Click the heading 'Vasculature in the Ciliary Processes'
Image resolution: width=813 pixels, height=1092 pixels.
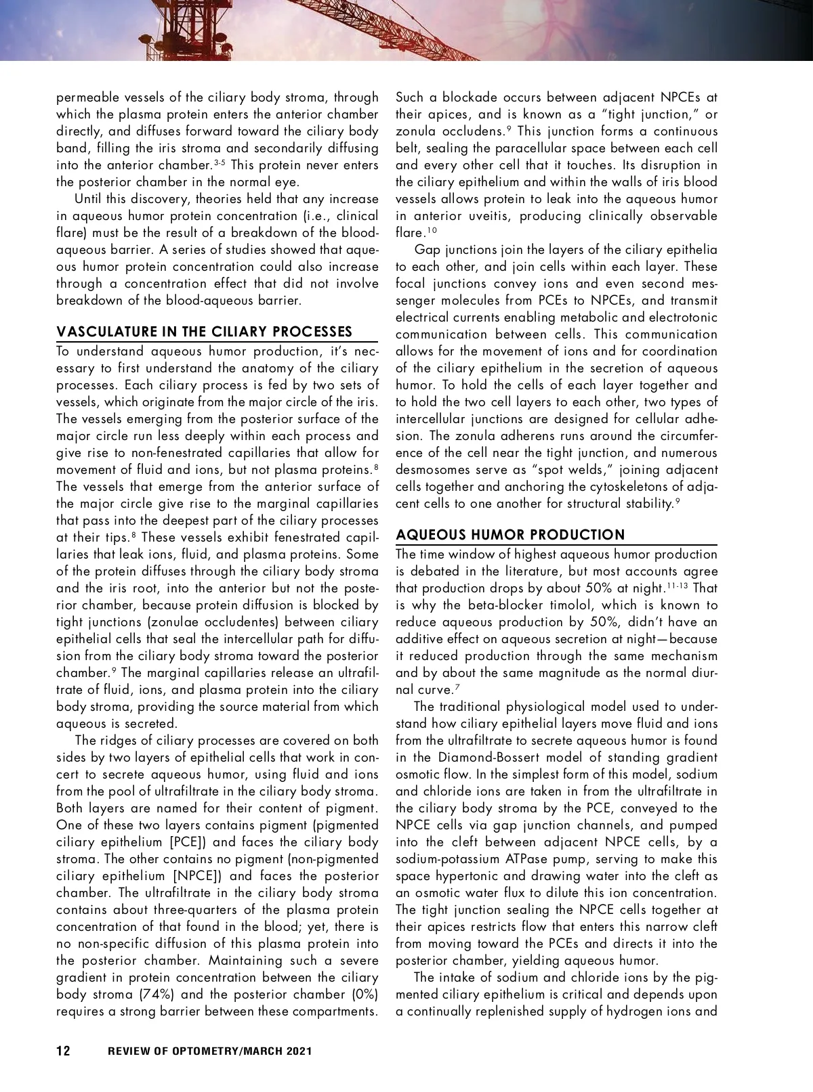coord(204,332)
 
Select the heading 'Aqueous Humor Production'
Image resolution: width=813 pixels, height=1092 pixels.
coord(510,535)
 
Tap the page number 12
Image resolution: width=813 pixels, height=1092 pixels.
coord(63,1051)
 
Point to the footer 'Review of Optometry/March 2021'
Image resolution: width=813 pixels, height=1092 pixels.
coord(210,1051)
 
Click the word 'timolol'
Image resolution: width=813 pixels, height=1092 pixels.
coord(558,605)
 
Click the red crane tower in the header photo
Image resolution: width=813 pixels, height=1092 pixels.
coord(163,27)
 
